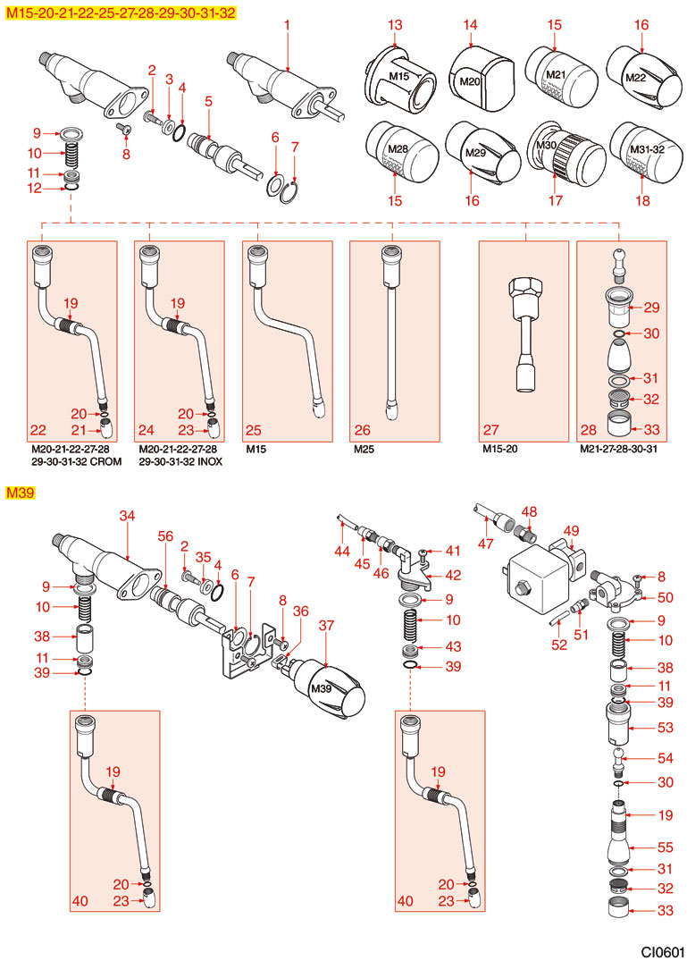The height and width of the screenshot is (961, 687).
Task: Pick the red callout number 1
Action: (288, 26)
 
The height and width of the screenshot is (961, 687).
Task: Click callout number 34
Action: (127, 516)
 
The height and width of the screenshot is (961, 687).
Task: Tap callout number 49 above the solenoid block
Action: (571, 530)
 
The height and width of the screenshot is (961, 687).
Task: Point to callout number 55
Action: (639, 846)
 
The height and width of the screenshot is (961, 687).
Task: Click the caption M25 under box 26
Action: (363, 449)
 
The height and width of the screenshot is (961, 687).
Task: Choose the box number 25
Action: (253, 430)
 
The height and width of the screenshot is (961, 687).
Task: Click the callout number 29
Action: (651, 308)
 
